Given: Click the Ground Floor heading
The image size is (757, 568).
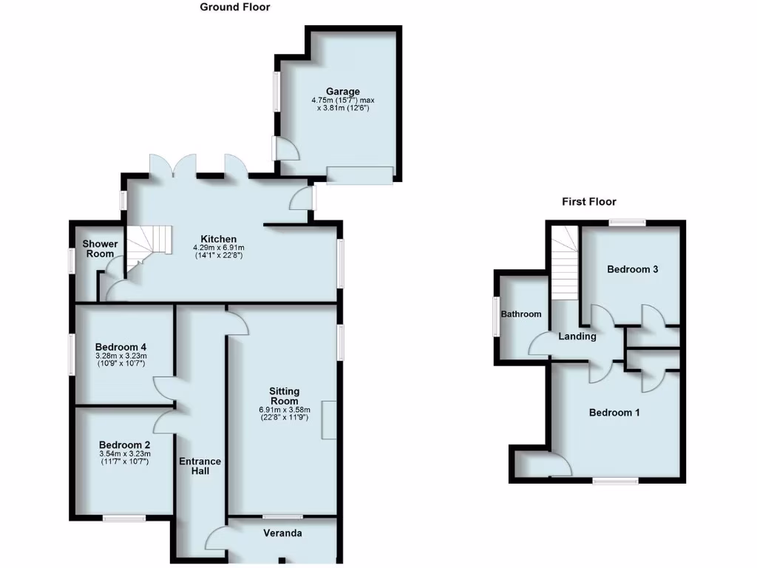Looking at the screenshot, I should point(235,7).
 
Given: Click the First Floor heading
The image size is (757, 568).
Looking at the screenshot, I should point(588,201).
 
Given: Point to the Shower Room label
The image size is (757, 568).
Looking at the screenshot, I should point(100,249).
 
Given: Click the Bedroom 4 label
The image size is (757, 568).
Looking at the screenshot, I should point(121,347).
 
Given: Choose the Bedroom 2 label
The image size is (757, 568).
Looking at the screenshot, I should point(124,445).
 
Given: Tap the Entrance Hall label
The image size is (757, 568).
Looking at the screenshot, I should point(200,466).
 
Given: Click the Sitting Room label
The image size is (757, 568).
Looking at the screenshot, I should point(284,396).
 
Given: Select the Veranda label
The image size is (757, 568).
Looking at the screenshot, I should point(283,532).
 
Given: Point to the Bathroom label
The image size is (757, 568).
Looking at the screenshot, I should point(521,314).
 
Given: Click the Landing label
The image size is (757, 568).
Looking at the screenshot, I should point(577,337).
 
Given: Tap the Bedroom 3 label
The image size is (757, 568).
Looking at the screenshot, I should point(633,269).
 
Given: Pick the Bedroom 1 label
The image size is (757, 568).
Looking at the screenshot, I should point(614,413).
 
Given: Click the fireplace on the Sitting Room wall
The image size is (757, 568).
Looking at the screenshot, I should point(328,422).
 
